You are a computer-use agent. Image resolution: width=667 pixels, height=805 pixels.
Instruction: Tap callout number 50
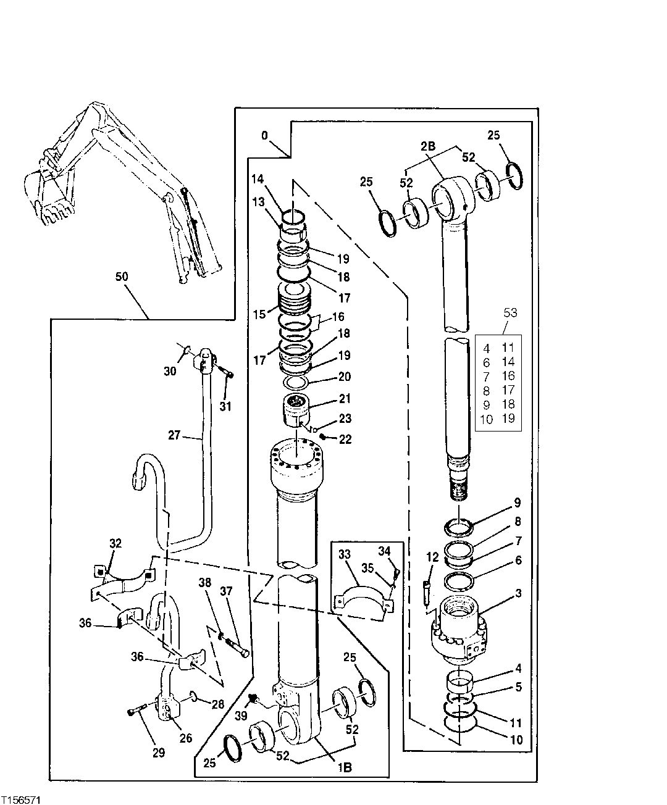[x=122, y=277]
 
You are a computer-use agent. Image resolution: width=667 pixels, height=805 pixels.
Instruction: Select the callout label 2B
[x=428, y=146]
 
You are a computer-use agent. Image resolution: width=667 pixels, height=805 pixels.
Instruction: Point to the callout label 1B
[x=344, y=768]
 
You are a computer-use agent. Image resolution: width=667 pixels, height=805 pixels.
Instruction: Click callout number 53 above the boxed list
[x=510, y=313]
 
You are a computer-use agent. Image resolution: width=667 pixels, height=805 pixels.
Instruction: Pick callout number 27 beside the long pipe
[x=174, y=435]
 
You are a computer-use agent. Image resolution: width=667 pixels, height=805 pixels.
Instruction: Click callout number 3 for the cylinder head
[x=519, y=594]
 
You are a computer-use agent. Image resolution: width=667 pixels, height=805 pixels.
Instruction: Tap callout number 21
[x=344, y=398]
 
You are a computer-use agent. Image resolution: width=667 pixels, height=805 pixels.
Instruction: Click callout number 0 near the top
[x=265, y=135]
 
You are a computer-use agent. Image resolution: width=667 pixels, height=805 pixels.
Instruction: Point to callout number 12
[x=432, y=557]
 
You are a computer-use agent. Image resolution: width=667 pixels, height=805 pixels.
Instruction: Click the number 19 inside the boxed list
[x=508, y=419]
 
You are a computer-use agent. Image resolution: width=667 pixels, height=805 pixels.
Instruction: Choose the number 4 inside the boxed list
[x=487, y=348]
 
